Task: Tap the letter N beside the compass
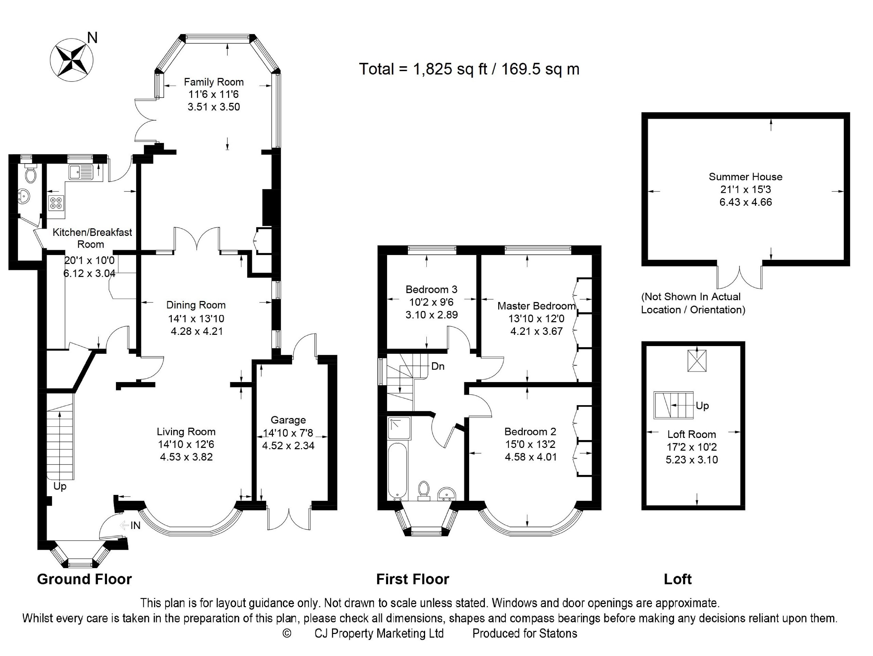[92, 38]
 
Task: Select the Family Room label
[213, 82]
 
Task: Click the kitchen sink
[81, 172]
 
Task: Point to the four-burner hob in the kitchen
[56, 203]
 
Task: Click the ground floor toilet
[30, 173]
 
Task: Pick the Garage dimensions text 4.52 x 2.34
[288, 446]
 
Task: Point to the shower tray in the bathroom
[399, 428]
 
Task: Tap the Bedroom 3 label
[431, 289]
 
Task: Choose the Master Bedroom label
[536, 306]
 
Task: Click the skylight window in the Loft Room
[697, 361]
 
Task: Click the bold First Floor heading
[413, 579]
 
